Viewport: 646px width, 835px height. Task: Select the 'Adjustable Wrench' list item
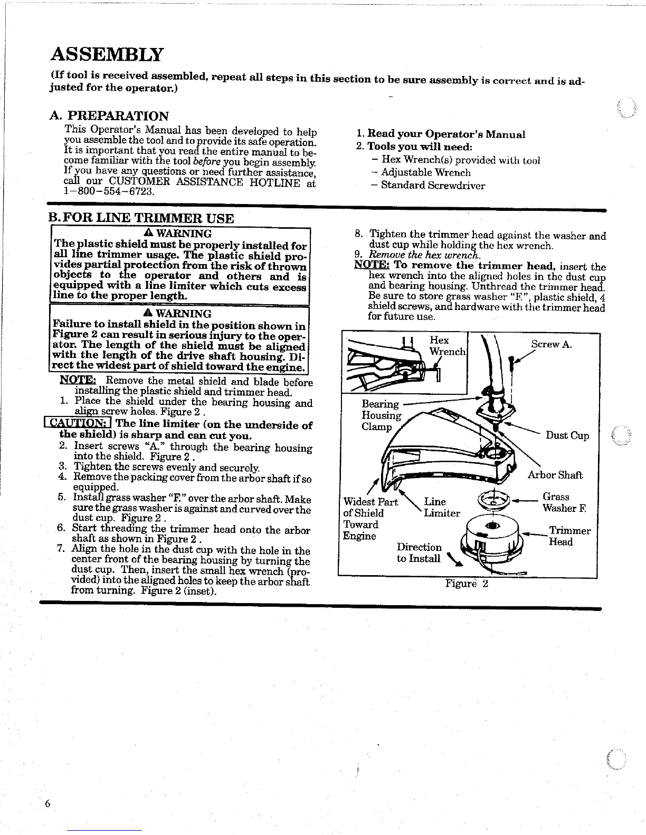(x=425, y=172)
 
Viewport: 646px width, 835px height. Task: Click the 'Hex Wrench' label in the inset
(x=447, y=346)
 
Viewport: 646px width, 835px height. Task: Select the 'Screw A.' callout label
(x=552, y=344)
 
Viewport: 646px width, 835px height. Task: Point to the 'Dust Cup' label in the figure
(x=567, y=435)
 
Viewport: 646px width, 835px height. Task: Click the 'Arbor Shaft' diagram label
(x=555, y=475)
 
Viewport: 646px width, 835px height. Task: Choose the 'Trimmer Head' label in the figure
(x=569, y=536)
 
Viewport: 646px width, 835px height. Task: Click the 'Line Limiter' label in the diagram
(x=442, y=508)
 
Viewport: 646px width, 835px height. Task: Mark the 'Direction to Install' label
(x=419, y=553)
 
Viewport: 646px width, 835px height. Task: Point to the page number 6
(x=47, y=804)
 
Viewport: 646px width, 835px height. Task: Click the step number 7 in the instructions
(x=61, y=550)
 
